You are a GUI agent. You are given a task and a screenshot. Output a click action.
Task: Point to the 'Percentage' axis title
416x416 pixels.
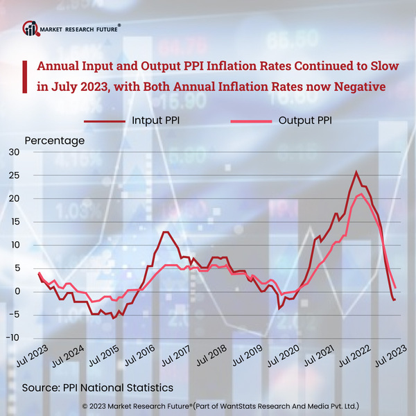point(55,140)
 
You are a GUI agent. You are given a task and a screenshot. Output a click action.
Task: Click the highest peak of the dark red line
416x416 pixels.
point(356,172)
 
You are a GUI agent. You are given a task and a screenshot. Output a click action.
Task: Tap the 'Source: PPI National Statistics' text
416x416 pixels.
point(98,386)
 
